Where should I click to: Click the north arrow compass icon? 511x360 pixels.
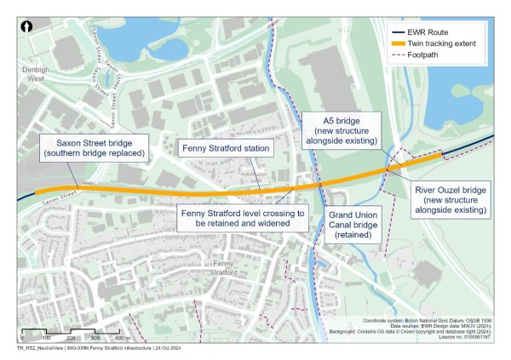[x=27, y=27]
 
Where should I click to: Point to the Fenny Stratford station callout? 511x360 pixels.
[x=226, y=149]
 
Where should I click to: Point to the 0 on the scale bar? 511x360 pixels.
[x=21, y=339]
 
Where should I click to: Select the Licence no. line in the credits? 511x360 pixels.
[x=466, y=337]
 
